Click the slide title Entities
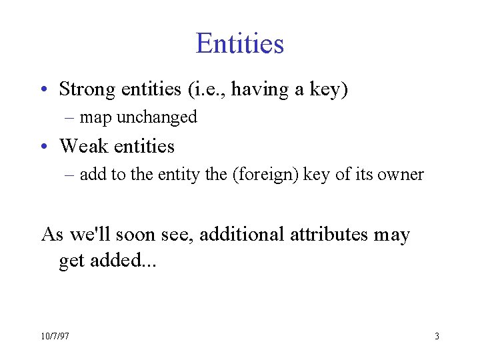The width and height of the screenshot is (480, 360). (x=240, y=44)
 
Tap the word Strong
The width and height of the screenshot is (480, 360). (x=85, y=89)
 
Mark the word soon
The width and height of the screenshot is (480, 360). (x=141, y=235)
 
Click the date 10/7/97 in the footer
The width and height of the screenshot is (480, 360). (x=55, y=337)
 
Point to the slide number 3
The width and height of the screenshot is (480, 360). (x=437, y=337)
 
